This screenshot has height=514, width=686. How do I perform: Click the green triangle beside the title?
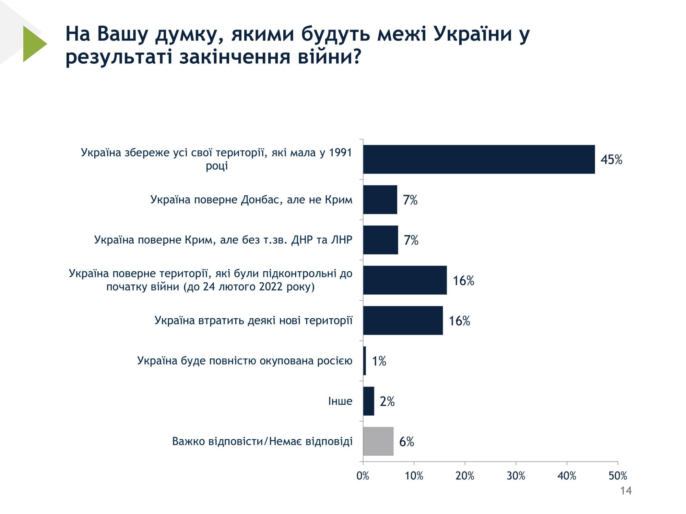click(x=34, y=44)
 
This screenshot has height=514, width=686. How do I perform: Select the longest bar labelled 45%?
click(x=479, y=159)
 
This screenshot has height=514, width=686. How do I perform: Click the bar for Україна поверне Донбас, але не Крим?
click(x=380, y=200)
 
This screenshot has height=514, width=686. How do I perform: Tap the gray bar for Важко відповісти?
click(x=378, y=441)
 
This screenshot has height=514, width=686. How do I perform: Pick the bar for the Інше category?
click(x=369, y=401)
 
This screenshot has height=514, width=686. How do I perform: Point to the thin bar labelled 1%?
click(x=365, y=361)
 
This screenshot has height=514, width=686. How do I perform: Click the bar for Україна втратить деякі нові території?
click(x=403, y=320)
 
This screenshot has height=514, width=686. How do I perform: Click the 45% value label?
click(x=611, y=160)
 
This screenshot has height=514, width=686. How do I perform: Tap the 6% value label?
click(x=406, y=442)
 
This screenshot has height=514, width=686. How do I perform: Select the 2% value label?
click(x=387, y=401)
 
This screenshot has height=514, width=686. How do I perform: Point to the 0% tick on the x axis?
click(x=363, y=476)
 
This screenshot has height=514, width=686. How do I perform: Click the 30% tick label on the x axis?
click(x=516, y=476)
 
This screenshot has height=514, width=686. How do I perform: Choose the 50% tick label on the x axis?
click(x=618, y=476)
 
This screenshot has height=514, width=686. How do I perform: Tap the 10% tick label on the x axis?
click(x=414, y=476)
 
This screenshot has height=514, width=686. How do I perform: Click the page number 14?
click(x=626, y=491)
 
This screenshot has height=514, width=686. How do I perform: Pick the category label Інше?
click(x=340, y=401)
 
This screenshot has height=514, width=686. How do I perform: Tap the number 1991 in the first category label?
click(x=340, y=153)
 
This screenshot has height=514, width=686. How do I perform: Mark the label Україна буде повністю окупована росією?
click(x=245, y=361)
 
